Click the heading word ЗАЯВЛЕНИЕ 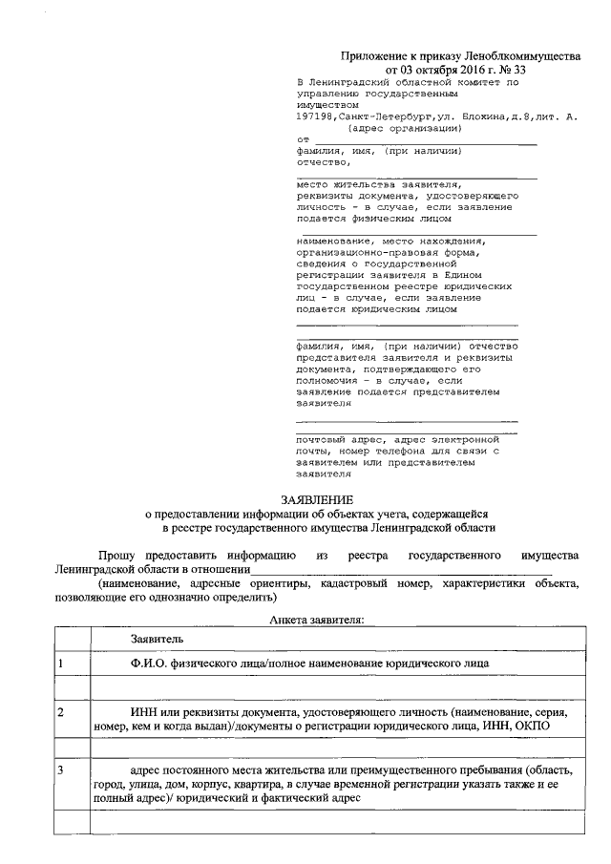click(x=316, y=499)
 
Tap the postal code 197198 click(x=315, y=116)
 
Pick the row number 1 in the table click(x=61, y=662)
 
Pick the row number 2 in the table click(x=61, y=713)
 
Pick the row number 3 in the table click(x=61, y=769)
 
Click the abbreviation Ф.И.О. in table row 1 click(x=150, y=662)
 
